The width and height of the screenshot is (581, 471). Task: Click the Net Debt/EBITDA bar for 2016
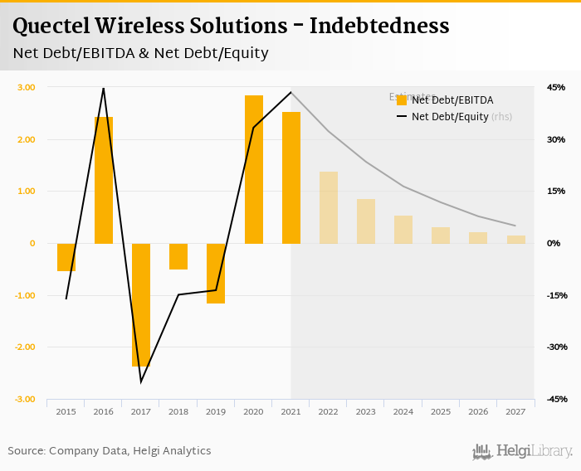click(x=104, y=180)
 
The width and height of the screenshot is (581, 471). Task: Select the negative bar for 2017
click(x=141, y=304)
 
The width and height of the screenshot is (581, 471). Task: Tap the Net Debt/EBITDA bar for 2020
click(x=254, y=169)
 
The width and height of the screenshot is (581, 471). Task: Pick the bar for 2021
click(x=291, y=177)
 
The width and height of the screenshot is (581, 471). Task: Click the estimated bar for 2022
click(x=329, y=207)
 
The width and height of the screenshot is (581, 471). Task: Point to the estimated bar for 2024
click(x=403, y=230)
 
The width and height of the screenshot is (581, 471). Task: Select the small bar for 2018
click(x=178, y=256)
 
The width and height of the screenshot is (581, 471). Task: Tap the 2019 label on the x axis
click(x=216, y=411)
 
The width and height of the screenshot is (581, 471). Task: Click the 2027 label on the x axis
click(x=515, y=411)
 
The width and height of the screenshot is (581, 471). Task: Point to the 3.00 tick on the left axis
click(x=26, y=87)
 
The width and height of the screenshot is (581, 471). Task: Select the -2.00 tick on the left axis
click(x=25, y=347)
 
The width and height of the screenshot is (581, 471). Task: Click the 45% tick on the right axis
click(x=555, y=87)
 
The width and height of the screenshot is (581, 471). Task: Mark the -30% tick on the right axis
click(x=555, y=347)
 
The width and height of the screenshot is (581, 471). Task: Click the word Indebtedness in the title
click(x=379, y=26)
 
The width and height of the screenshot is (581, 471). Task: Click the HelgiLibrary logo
click(x=523, y=451)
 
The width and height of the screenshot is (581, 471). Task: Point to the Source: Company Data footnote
click(x=110, y=451)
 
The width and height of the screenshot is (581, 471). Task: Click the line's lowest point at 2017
click(x=141, y=382)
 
